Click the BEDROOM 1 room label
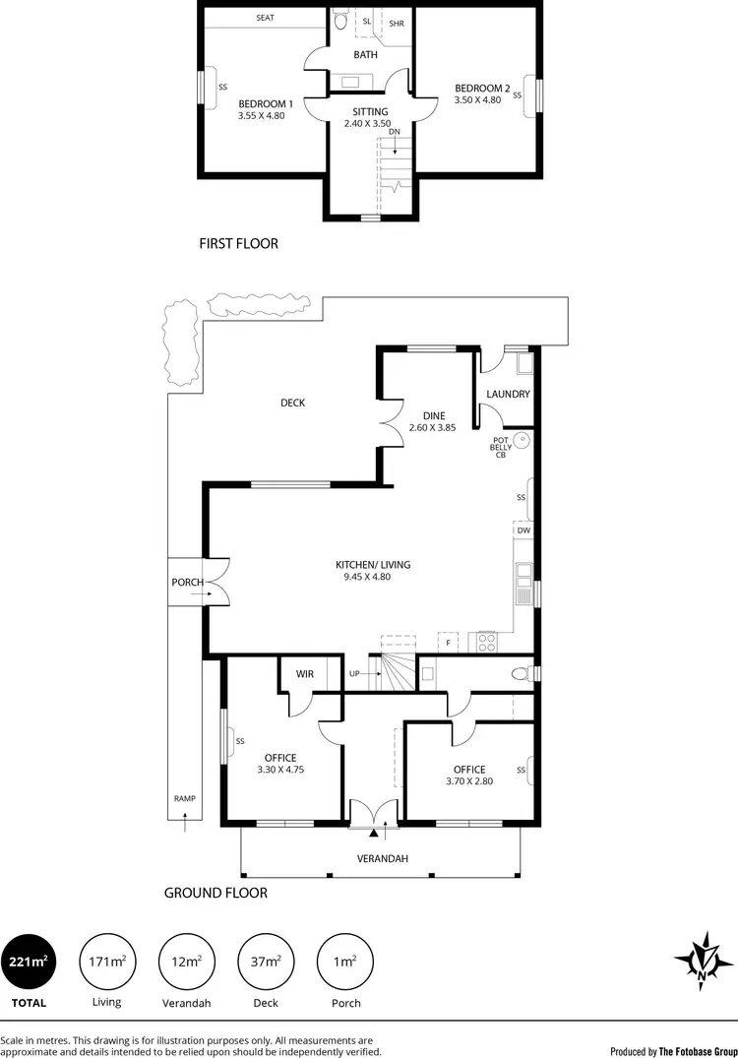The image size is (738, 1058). point(266,103)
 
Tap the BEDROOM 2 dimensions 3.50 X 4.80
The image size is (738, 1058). point(482,99)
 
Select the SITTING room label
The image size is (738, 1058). point(369,112)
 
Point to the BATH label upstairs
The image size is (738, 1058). point(365,55)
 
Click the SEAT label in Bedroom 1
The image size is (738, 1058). point(265,18)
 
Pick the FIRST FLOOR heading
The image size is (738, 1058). point(238,243)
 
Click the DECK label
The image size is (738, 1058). point(292,403)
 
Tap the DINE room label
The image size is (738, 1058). point(434,416)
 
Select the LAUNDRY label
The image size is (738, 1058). point(508,394)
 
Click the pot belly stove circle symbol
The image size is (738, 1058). point(523,439)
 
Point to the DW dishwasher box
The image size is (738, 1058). point(523,530)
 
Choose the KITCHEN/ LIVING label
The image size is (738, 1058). point(373,565)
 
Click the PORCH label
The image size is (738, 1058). point(187,583)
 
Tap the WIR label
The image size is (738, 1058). point(304,674)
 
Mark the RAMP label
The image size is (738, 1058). point(184,799)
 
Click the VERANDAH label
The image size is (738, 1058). point(382,858)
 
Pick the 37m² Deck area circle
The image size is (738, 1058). point(266,962)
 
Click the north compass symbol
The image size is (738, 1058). point(703,960)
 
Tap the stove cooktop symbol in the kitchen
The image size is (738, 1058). point(486,642)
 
